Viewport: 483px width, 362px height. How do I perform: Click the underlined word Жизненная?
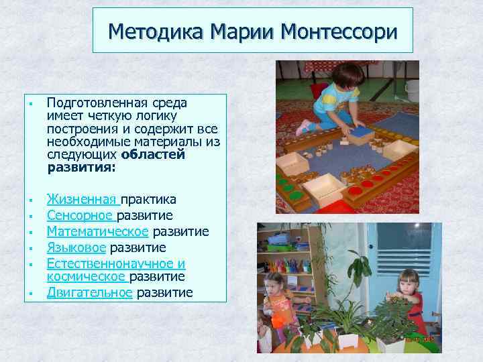click(x=81, y=200)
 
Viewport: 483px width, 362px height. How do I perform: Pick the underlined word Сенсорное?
click(x=80, y=215)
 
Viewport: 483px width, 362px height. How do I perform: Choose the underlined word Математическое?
click(x=97, y=231)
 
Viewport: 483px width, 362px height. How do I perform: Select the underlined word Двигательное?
click(x=89, y=292)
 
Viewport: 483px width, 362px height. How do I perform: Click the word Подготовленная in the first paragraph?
click(x=93, y=103)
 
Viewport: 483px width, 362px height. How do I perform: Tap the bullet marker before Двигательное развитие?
click(x=31, y=294)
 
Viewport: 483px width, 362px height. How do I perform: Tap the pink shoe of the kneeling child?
click(x=303, y=126)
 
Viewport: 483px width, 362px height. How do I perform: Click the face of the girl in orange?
click(x=274, y=282)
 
